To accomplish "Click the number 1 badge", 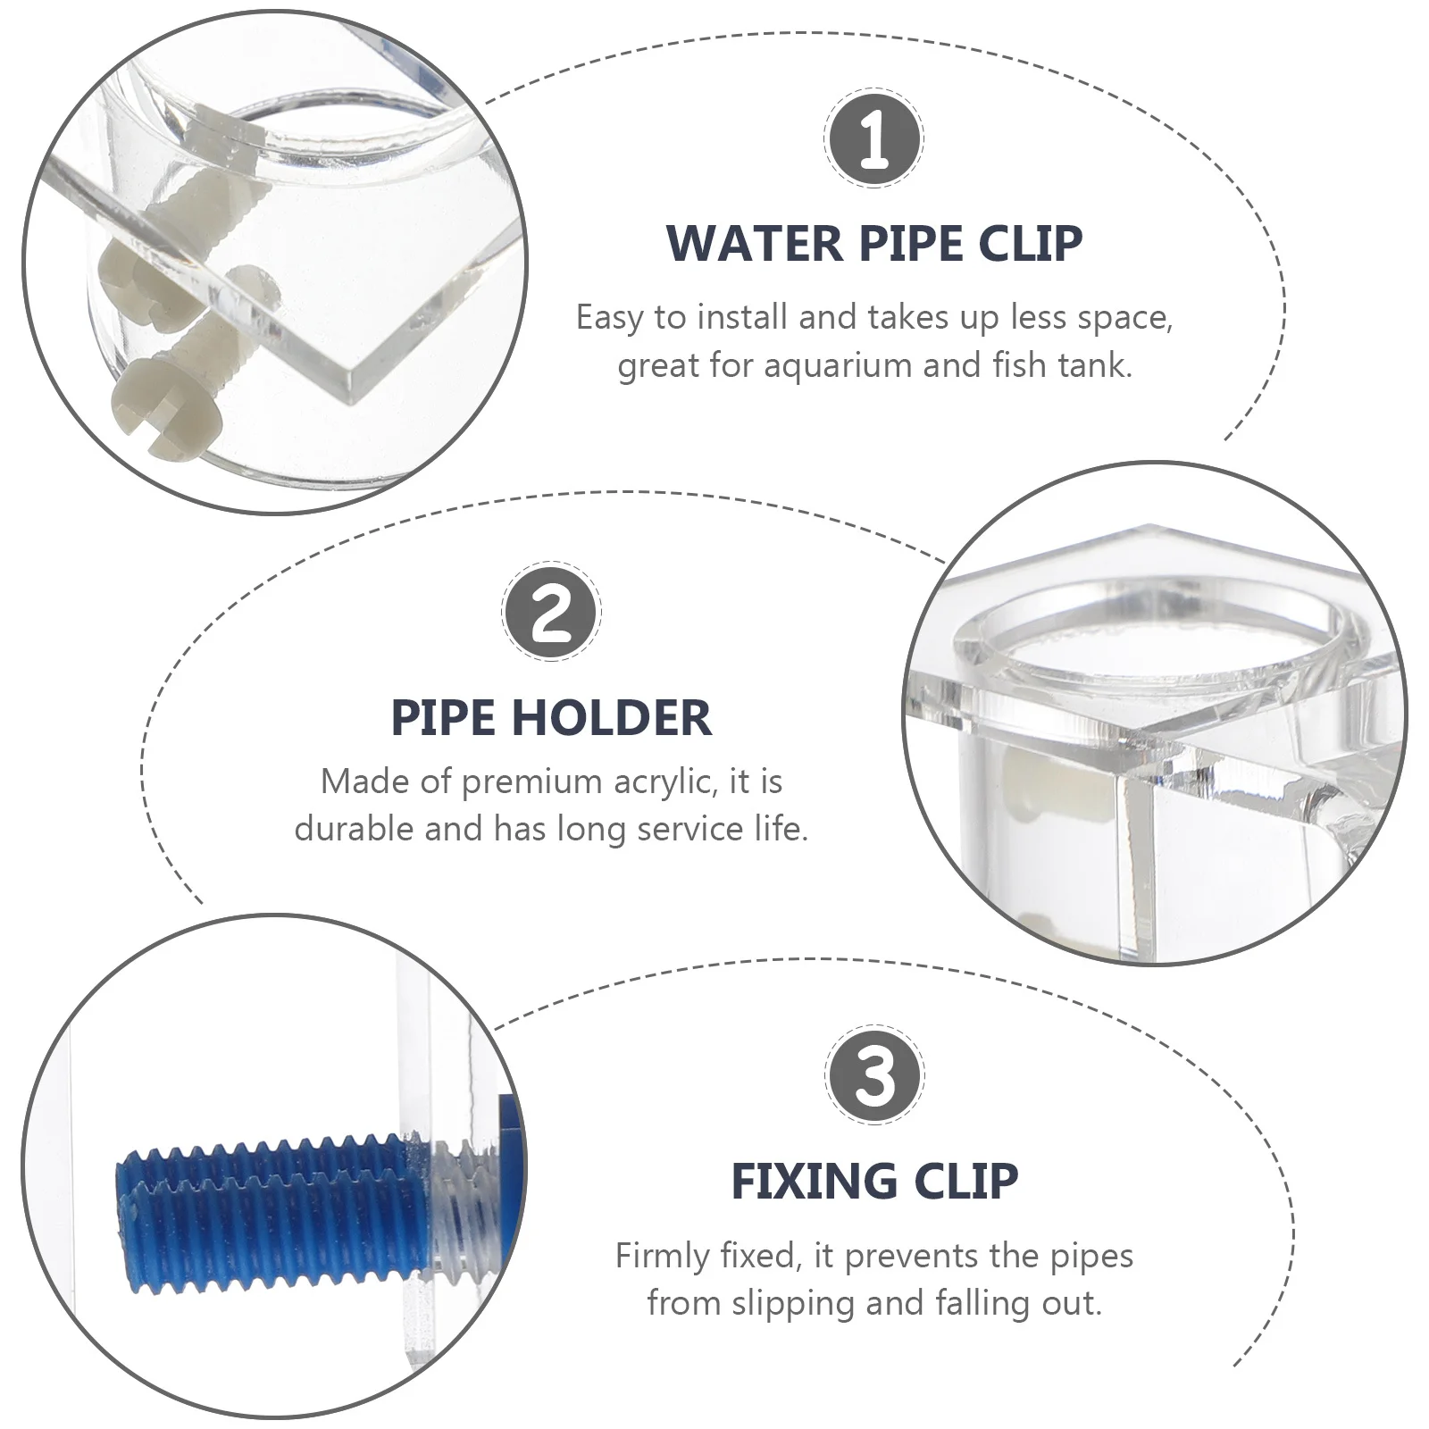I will click(873, 138).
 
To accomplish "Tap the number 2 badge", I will click(551, 612).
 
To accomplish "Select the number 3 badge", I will click(874, 1074).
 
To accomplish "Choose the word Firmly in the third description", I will click(664, 1256).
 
